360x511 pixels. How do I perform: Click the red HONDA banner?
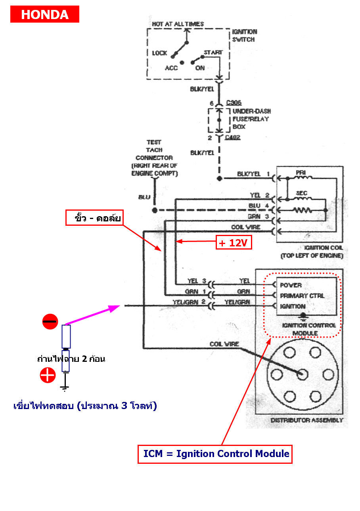45,14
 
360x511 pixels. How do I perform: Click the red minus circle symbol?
50,321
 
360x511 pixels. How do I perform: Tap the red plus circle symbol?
48,375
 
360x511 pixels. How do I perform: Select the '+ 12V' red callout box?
234,242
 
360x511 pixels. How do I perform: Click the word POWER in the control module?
291,285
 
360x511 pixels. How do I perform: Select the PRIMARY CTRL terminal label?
302,296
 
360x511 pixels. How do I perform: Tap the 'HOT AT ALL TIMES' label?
178,24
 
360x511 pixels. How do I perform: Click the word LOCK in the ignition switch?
159,53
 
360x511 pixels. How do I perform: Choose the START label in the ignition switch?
213,52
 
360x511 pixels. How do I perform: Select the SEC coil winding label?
301,193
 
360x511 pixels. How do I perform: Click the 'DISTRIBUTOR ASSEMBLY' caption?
306,420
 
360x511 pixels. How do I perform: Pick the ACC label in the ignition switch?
171,68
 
